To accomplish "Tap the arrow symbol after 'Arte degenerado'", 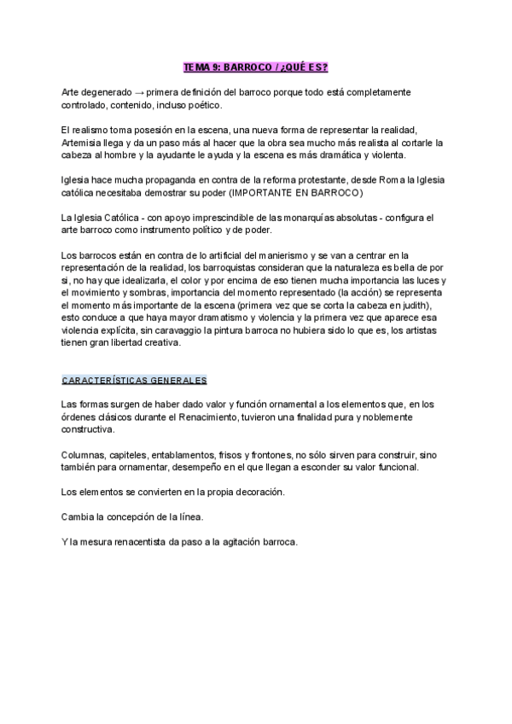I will click(140, 91).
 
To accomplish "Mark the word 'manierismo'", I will click(276, 255).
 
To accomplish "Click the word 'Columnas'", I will click(83, 455).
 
